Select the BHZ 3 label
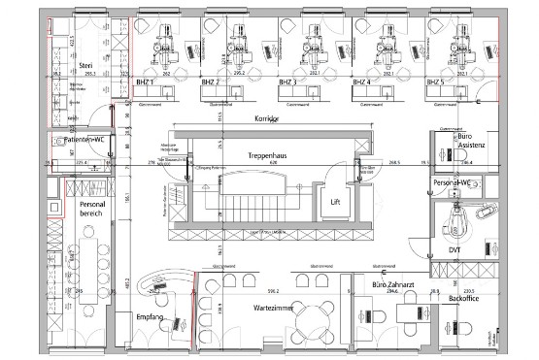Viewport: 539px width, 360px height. pyautogui.click(x=288, y=82)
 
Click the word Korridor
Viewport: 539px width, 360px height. pyautogui.click(x=266, y=118)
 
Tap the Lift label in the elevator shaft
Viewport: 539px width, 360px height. pyautogui.click(x=334, y=201)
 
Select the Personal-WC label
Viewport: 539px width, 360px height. pyautogui.click(x=451, y=181)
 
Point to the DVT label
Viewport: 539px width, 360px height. pyautogui.click(x=455, y=248)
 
